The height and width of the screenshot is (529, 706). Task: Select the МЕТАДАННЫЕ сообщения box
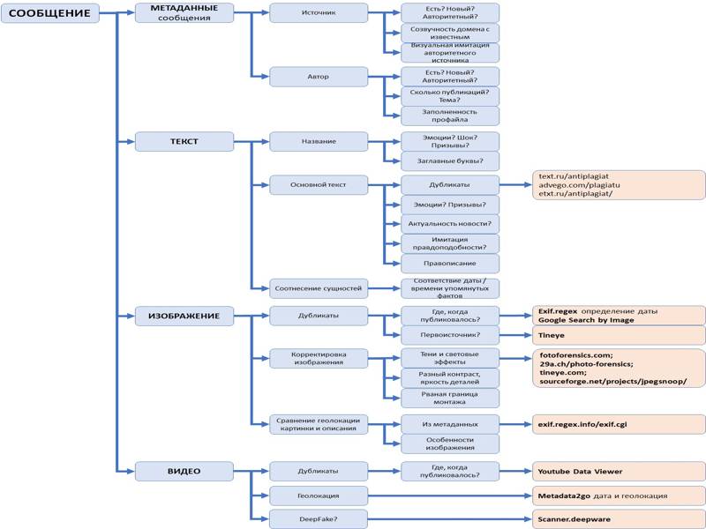click(184, 13)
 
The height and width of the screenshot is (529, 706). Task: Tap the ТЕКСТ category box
click(184, 141)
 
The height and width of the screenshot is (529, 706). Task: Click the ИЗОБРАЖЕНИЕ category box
click(184, 316)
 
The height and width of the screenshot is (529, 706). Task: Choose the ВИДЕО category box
click(184, 471)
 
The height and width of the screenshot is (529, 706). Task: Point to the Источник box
click(319, 13)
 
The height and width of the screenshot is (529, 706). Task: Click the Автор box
click(319, 77)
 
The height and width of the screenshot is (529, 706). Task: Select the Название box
click(319, 141)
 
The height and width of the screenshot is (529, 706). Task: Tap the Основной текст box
click(319, 185)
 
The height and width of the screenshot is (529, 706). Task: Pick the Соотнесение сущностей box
click(319, 288)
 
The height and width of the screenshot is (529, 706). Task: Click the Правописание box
click(450, 263)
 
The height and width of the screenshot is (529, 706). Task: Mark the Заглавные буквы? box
click(450, 160)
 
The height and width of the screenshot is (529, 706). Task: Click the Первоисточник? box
click(450, 335)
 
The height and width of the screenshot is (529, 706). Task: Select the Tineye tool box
click(618, 335)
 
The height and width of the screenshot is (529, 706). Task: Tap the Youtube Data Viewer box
click(618, 471)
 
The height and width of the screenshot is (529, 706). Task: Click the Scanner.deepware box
click(618, 519)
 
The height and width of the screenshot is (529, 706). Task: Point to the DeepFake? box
click(319, 519)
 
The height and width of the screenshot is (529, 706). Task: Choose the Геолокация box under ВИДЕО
click(319, 495)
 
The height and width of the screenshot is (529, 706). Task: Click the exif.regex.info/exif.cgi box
click(618, 424)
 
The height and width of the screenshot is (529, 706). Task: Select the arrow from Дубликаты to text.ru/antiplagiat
click(514, 185)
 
